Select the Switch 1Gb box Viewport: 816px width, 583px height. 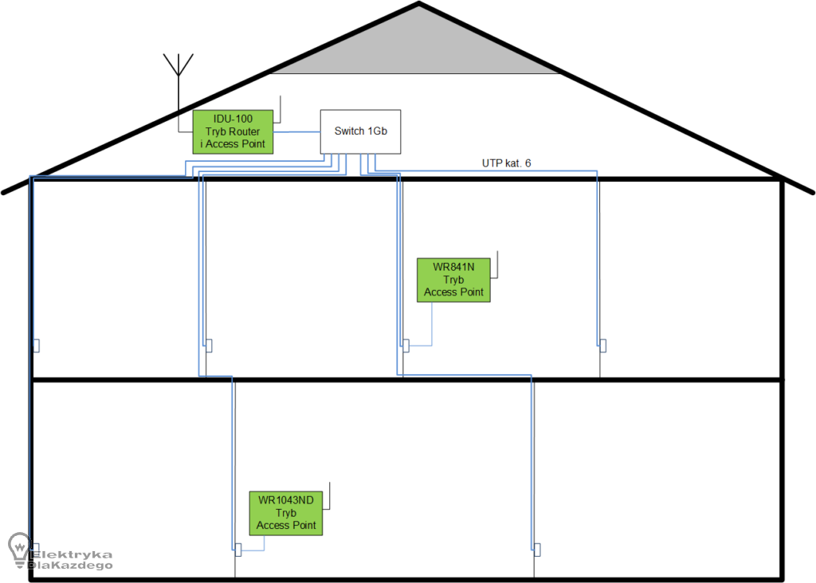tap(360, 131)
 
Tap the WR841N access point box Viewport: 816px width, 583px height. tap(453, 280)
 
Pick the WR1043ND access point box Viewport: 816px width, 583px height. tap(286, 512)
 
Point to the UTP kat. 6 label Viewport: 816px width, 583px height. tap(506, 163)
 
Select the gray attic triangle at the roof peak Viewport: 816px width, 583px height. tap(418, 48)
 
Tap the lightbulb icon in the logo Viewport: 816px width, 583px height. tap(18, 548)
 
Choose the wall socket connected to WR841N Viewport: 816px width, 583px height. tap(406, 346)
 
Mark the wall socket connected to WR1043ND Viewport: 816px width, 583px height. tap(237, 550)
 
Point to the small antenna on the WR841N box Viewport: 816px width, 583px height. tap(497, 264)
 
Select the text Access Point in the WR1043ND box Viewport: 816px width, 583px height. tap(286, 526)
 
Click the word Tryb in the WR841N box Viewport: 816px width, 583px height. tap(453, 280)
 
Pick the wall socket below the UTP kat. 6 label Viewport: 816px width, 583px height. tap(602, 345)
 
